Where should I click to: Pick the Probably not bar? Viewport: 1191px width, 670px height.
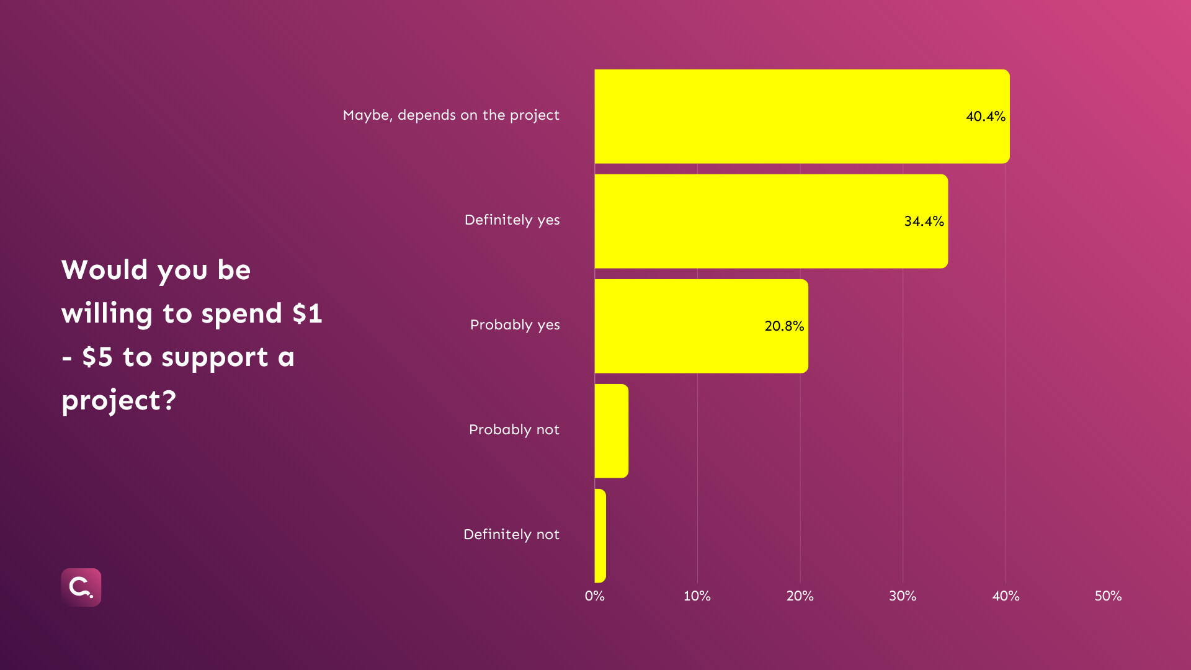612,431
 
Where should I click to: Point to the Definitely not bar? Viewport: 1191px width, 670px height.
600,535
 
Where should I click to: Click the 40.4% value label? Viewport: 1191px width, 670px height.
985,116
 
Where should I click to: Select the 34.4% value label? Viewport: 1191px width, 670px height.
924,221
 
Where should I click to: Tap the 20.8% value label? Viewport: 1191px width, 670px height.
784,326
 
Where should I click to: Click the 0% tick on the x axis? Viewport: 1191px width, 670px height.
594,596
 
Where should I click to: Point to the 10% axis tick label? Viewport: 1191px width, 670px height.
697,596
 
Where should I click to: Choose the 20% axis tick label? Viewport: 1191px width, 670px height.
800,596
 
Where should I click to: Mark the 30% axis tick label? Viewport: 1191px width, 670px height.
903,596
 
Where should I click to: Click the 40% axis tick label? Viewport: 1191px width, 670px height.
1006,596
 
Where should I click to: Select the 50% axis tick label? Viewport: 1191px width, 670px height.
1108,596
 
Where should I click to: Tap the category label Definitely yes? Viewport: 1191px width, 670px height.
512,220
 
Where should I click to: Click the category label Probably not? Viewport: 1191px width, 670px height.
514,429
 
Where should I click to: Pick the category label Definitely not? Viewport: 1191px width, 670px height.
511,534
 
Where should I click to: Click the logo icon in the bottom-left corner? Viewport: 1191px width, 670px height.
81,587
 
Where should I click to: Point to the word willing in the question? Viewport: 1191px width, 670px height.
107,313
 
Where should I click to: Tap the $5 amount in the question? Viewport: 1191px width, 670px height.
97,357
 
